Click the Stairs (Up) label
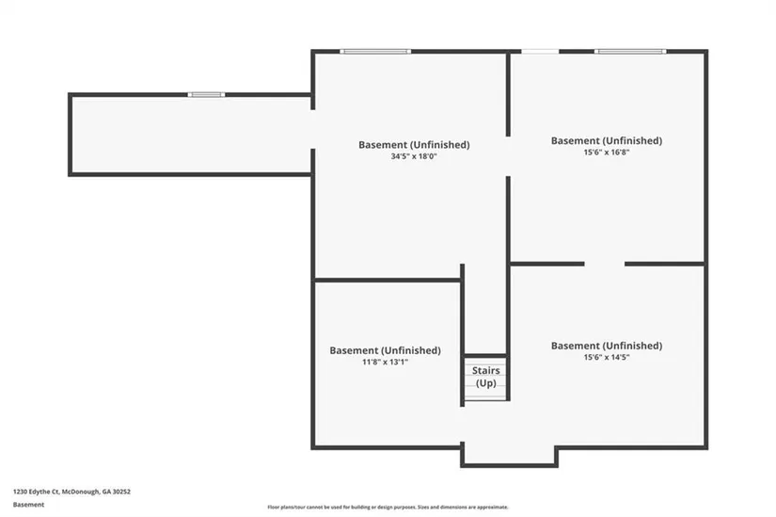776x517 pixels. click(x=485, y=377)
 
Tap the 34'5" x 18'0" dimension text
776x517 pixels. click(x=414, y=156)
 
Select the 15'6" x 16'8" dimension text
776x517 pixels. click(x=607, y=153)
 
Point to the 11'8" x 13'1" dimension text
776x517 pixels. click(x=385, y=362)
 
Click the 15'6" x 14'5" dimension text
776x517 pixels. click(x=607, y=357)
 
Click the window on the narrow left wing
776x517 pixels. click(x=206, y=95)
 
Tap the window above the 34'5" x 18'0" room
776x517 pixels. click(x=375, y=51)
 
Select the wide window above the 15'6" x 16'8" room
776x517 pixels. click(x=630, y=51)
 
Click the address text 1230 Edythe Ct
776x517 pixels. click(x=36, y=492)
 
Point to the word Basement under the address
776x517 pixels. click(x=29, y=505)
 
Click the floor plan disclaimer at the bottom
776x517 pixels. click(x=388, y=507)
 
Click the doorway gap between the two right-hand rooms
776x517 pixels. click(x=604, y=264)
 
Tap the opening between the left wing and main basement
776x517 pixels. click(x=313, y=129)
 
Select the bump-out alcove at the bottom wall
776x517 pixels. click(x=509, y=456)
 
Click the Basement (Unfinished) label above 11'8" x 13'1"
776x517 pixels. click(x=385, y=350)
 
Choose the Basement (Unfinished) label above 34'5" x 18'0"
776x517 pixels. click(x=414, y=145)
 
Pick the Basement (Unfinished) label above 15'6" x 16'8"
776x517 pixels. click(x=607, y=140)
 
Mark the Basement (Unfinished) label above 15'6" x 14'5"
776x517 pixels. click(x=607, y=346)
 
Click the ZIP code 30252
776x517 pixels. click(x=121, y=492)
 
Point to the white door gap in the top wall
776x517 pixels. click(x=540, y=51)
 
